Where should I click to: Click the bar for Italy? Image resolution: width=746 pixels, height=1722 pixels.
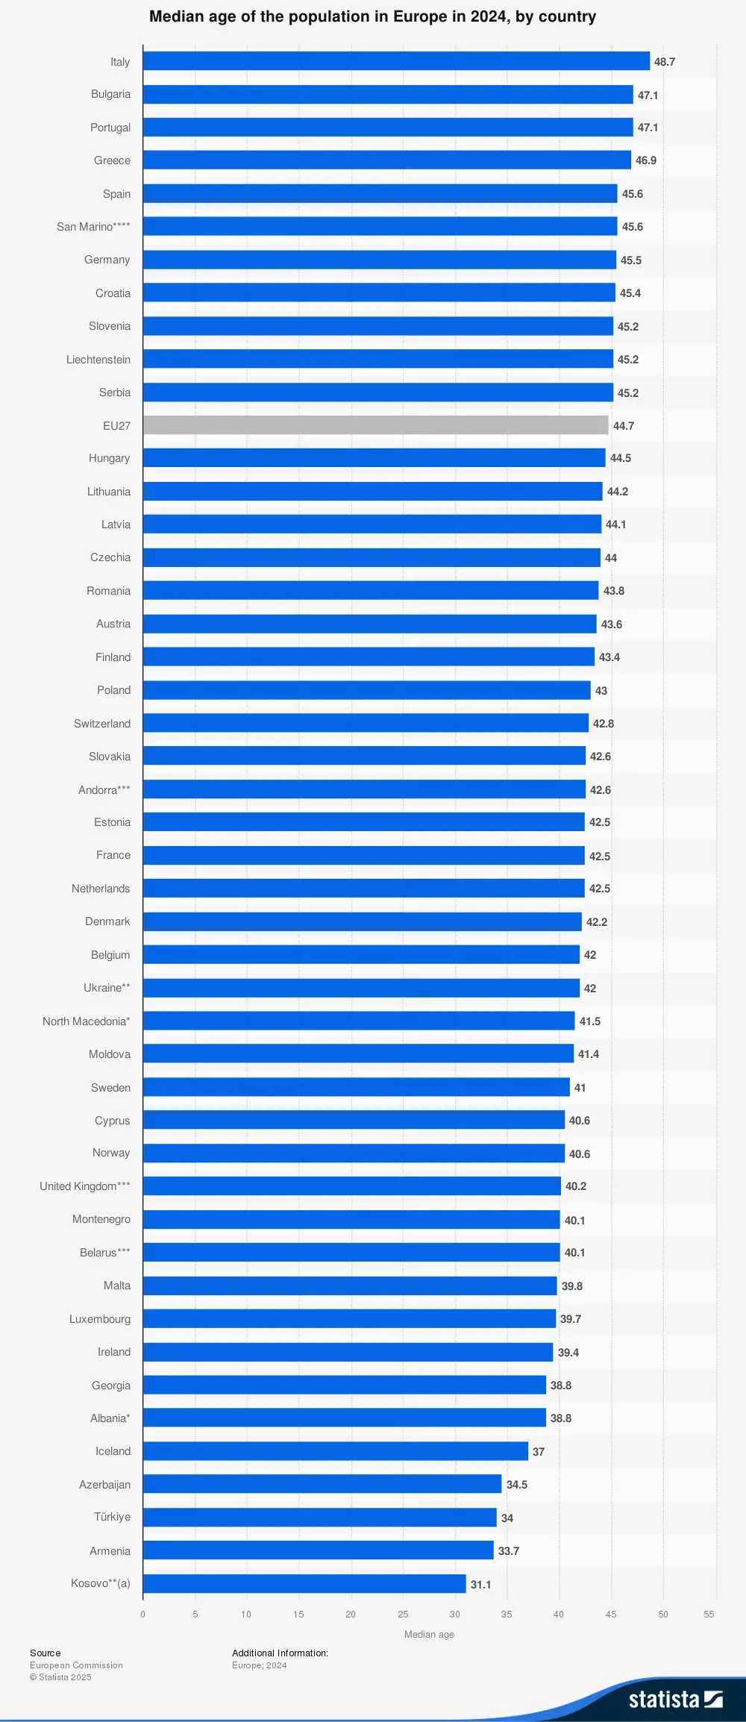point(395,61)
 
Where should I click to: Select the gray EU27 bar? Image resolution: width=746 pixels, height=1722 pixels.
point(375,425)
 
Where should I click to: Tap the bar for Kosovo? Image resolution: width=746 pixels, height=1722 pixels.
point(304,1583)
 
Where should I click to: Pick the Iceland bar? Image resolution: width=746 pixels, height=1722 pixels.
point(336,1451)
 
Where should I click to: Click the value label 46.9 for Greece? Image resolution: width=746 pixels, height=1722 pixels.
point(646,160)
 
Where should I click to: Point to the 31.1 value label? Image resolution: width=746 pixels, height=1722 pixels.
point(481,1584)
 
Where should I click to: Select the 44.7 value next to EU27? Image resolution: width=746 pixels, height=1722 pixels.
point(624,426)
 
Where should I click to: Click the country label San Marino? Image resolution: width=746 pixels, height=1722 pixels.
point(93,227)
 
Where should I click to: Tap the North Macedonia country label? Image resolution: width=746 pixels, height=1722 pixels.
point(86,1021)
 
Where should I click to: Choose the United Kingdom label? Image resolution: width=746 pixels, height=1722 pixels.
point(84,1186)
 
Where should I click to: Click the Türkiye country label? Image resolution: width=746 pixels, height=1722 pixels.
point(112,1517)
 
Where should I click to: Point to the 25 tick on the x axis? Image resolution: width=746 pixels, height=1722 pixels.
point(403,1614)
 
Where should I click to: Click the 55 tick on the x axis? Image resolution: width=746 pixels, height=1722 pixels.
point(709,1614)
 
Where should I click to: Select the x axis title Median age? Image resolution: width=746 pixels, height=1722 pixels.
point(429,1634)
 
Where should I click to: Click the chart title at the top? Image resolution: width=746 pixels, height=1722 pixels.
point(372,16)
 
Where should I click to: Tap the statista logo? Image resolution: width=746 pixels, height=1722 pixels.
point(675,1699)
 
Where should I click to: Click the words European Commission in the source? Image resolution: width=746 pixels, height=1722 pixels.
point(76,1665)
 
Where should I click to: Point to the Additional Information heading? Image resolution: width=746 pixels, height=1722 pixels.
point(280,1653)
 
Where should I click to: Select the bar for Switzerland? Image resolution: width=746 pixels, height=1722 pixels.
point(366,723)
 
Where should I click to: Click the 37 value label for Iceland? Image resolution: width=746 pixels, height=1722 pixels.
point(539,1452)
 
